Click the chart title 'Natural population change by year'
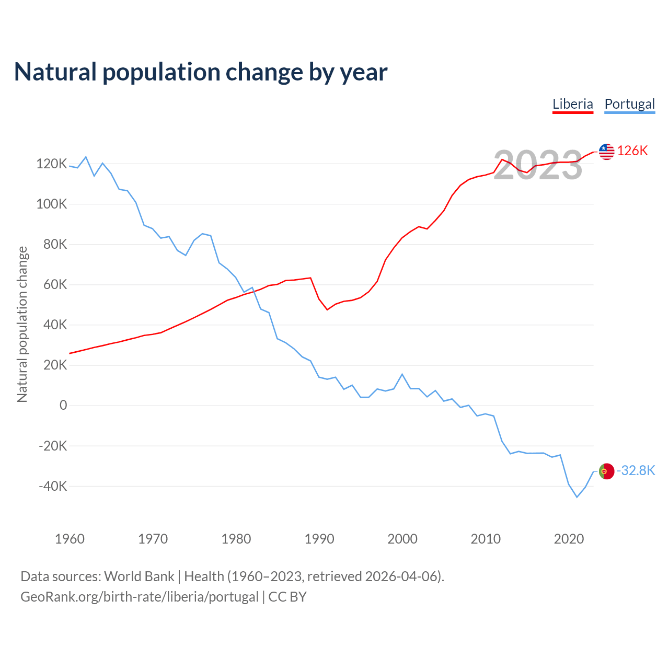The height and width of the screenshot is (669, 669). point(201,72)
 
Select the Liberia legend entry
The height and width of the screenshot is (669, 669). point(573,104)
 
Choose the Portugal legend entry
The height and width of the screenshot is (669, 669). point(629,104)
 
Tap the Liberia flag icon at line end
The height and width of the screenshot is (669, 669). point(606,152)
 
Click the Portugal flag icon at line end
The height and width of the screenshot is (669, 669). point(606,471)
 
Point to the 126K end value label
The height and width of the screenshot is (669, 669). point(632,151)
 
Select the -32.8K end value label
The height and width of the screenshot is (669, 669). point(636,471)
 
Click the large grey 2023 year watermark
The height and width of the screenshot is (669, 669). point(537,165)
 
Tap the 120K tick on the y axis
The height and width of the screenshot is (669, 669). point(52,164)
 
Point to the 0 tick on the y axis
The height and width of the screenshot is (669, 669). point(63,406)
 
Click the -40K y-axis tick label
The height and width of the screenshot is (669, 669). point(53,486)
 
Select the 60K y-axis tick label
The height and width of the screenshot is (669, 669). point(55,285)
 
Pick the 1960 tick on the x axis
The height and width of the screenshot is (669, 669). point(70,539)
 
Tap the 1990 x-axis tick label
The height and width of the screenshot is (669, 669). point(319,539)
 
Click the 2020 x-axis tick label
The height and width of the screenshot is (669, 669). point(569,539)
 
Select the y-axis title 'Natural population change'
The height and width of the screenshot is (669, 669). point(22,325)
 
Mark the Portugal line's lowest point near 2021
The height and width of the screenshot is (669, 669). point(577,497)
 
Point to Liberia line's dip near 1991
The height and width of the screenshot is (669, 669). point(328,310)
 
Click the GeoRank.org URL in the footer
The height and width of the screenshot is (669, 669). point(140,597)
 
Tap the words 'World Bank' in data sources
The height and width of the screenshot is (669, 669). point(139,576)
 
